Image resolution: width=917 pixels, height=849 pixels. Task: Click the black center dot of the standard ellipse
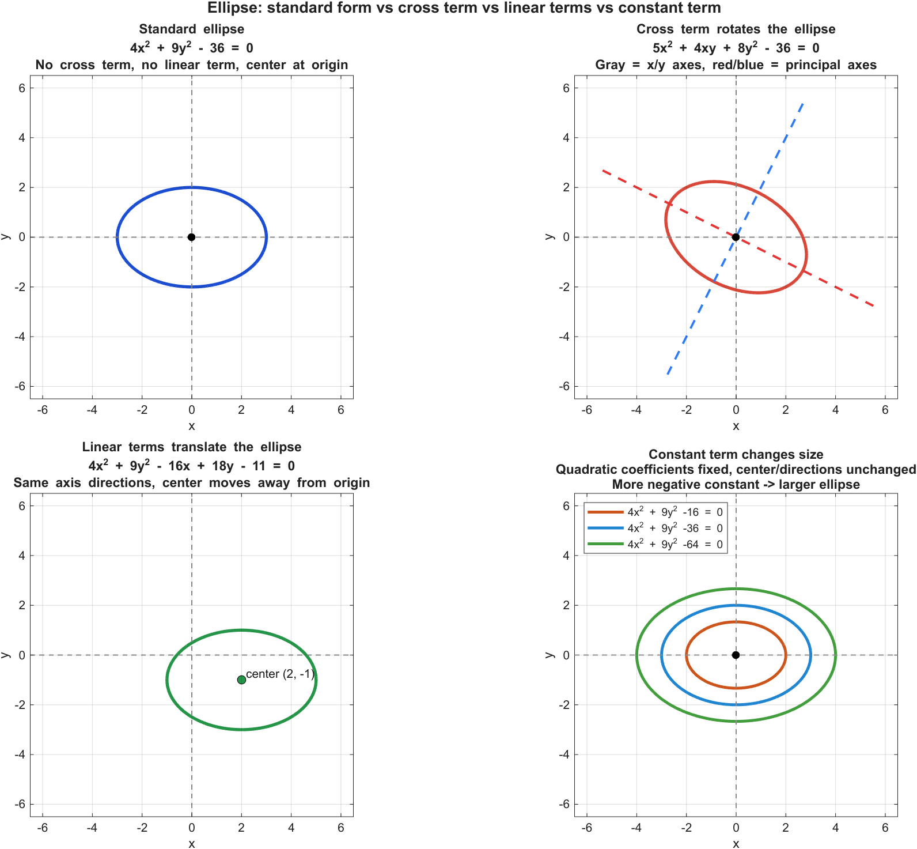click(191, 237)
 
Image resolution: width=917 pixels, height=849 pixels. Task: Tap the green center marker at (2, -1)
click(241, 680)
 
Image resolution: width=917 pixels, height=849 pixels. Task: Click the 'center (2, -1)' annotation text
click(280, 674)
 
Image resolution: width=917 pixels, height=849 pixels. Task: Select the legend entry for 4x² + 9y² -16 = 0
click(675, 512)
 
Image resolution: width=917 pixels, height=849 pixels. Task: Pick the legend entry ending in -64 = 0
click(675, 544)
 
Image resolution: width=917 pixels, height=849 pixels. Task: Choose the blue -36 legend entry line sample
click(605, 528)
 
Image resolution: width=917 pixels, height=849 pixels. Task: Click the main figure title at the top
click(464, 8)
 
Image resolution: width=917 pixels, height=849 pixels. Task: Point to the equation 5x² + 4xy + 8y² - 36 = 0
click(736, 47)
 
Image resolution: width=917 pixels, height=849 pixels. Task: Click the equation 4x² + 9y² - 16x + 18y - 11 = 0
click(191, 465)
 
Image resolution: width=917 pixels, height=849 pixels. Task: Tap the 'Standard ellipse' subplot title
click(191, 29)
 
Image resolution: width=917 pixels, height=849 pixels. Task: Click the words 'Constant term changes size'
click(736, 454)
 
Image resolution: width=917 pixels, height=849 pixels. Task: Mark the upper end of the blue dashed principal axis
click(803, 103)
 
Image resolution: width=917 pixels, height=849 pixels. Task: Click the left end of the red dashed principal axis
click(603, 170)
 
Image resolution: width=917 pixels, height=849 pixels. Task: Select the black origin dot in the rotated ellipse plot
click(736, 237)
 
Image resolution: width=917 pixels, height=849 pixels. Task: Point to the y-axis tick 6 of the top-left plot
click(22, 88)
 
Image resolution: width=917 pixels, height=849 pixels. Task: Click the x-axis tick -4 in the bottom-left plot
click(92, 828)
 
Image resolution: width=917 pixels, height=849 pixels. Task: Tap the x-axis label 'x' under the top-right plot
click(736, 426)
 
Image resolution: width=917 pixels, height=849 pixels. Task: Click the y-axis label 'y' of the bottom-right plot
click(550, 655)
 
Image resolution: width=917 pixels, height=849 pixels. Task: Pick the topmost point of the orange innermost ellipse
click(736, 622)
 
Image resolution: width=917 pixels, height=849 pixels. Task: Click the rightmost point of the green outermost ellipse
click(835, 655)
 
